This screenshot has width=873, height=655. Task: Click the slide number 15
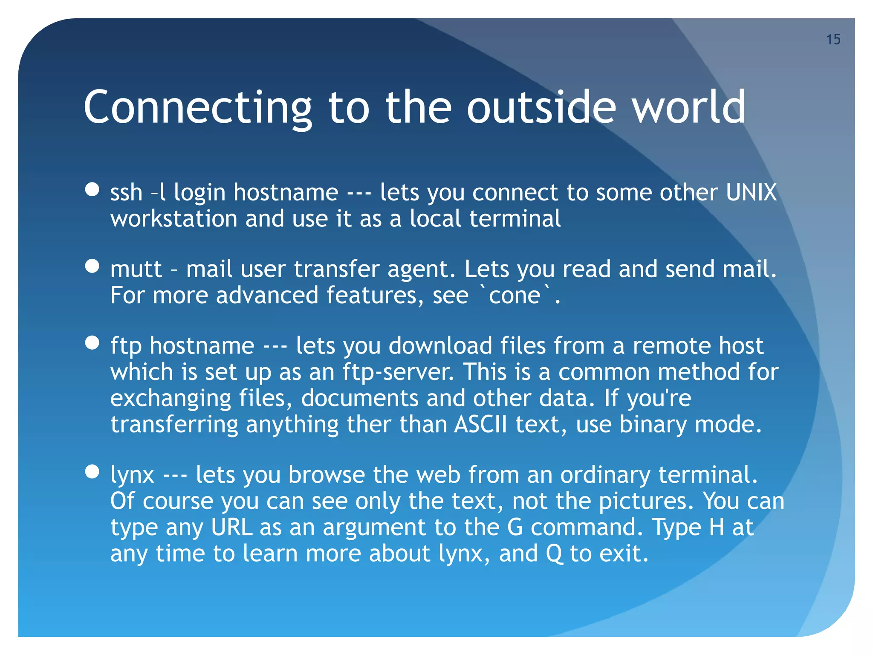point(833,39)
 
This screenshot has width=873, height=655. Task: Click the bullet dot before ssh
point(92,189)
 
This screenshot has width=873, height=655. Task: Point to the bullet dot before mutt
point(92,266)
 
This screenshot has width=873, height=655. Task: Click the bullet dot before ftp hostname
point(92,342)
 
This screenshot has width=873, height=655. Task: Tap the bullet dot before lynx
point(92,472)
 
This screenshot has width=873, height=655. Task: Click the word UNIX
point(751,192)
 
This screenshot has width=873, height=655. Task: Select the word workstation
point(173,219)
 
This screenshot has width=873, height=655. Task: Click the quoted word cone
point(515,295)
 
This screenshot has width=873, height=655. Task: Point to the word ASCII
point(481,425)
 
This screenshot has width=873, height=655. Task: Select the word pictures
point(646,501)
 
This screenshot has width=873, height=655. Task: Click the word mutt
point(136,270)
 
